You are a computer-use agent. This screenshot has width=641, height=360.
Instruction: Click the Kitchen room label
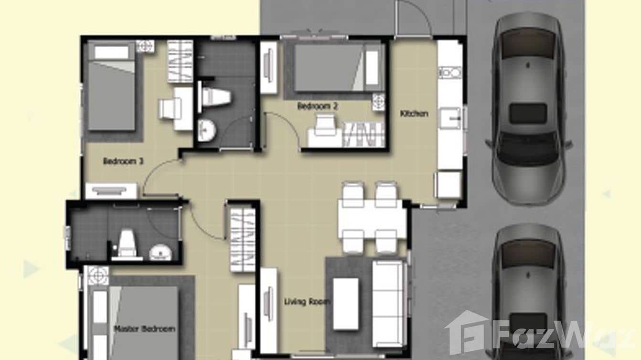(414, 114)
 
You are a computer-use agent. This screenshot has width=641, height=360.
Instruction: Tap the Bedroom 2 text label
(317, 106)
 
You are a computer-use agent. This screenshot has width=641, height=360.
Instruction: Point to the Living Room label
(308, 302)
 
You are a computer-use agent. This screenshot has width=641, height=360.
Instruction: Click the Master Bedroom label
(144, 329)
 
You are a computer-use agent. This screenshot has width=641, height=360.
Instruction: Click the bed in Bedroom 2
(337, 67)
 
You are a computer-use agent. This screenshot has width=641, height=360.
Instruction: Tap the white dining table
(371, 219)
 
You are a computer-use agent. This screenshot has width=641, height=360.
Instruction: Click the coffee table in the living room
(346, 303)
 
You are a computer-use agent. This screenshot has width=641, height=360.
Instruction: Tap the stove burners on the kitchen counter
(449, 73)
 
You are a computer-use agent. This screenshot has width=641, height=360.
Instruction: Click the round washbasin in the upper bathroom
(206, 130)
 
